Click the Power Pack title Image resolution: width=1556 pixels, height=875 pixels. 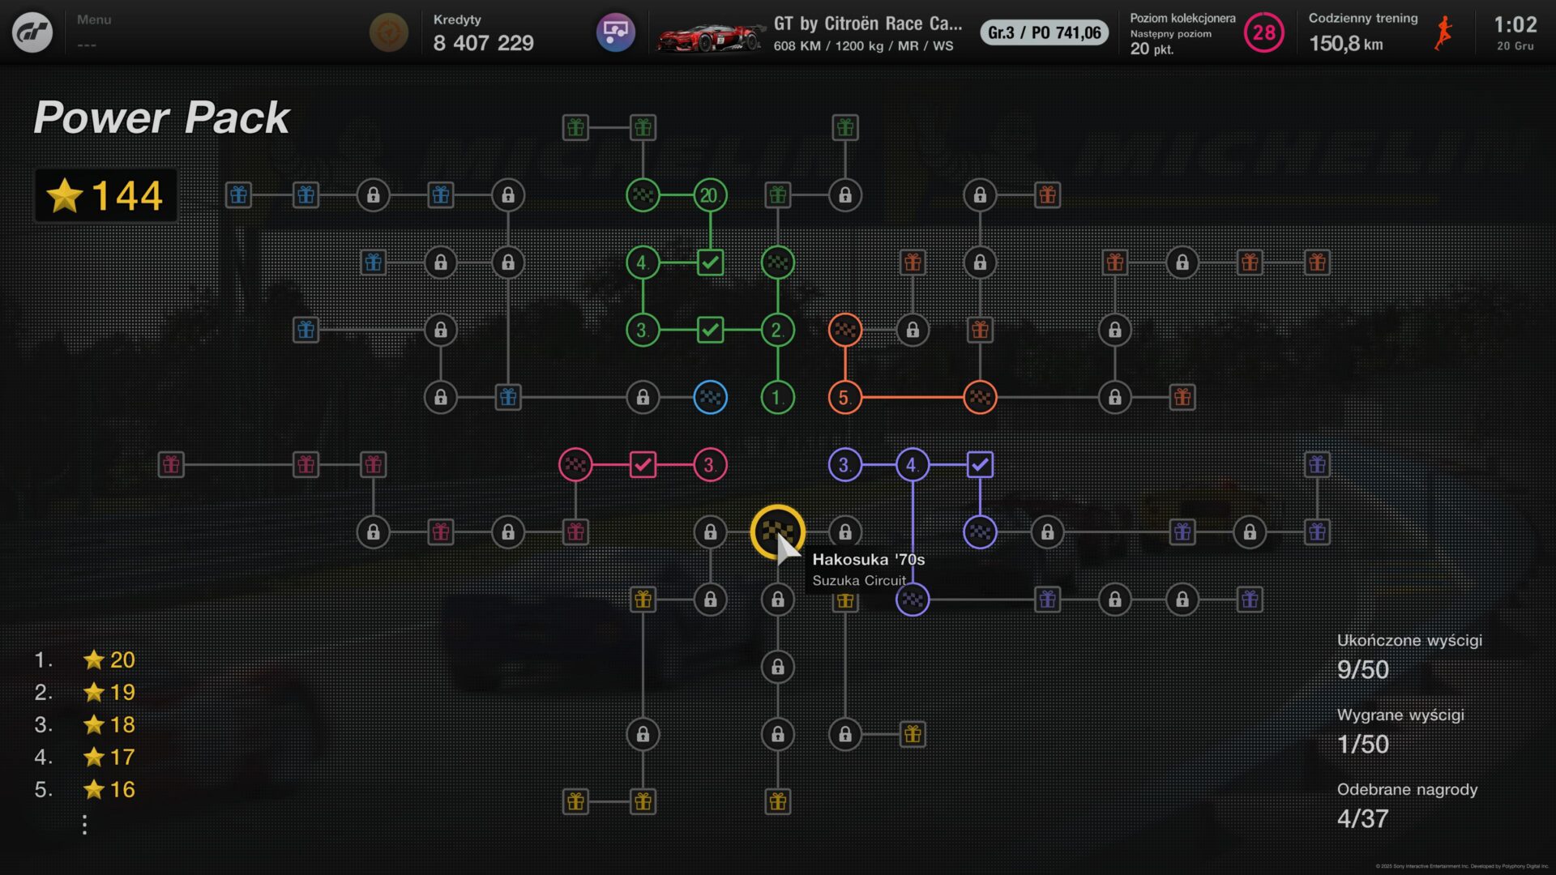161,118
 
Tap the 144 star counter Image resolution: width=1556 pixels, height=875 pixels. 106,195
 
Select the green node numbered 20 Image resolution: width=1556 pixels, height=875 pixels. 710,195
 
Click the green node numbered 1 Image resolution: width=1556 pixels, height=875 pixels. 777,398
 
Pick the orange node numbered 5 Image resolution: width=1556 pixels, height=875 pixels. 844,398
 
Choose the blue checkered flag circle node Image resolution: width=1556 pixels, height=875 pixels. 710,398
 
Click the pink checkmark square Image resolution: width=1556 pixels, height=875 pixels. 643,465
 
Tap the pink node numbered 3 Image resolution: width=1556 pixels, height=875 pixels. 710,465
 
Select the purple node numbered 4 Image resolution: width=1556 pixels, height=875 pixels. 913,465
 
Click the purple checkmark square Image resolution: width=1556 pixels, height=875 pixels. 980,465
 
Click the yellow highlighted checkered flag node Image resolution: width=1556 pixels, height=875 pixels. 777,531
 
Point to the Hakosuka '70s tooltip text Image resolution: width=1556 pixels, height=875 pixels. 868,560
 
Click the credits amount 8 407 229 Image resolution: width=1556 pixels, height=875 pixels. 483,43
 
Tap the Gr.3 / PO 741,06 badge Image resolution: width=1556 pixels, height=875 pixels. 1044,33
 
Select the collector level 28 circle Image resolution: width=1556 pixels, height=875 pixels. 1263,33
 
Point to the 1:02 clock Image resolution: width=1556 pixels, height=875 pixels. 1515,25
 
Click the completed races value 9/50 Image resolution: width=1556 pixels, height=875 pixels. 1362,670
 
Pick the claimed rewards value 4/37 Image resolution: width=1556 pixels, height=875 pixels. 1362,819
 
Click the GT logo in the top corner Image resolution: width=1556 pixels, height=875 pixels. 32,32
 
